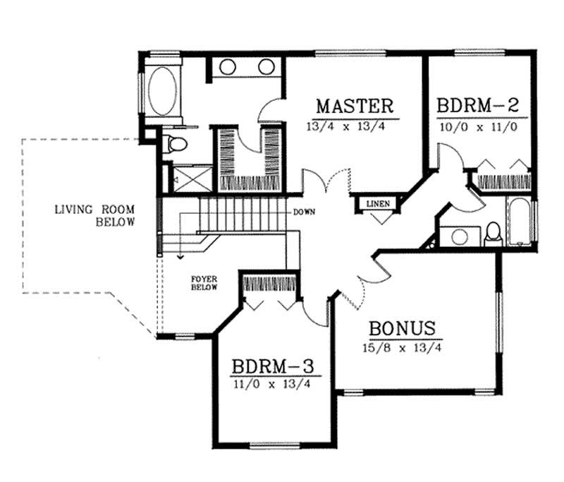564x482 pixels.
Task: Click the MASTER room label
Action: (354, 107)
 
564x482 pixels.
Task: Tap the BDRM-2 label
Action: (478, 107)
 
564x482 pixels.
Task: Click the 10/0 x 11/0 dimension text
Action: (478, 127)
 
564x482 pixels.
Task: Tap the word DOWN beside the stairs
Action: (305, 212)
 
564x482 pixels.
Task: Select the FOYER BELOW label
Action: (204, 283)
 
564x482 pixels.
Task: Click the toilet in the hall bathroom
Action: (493, 233)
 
